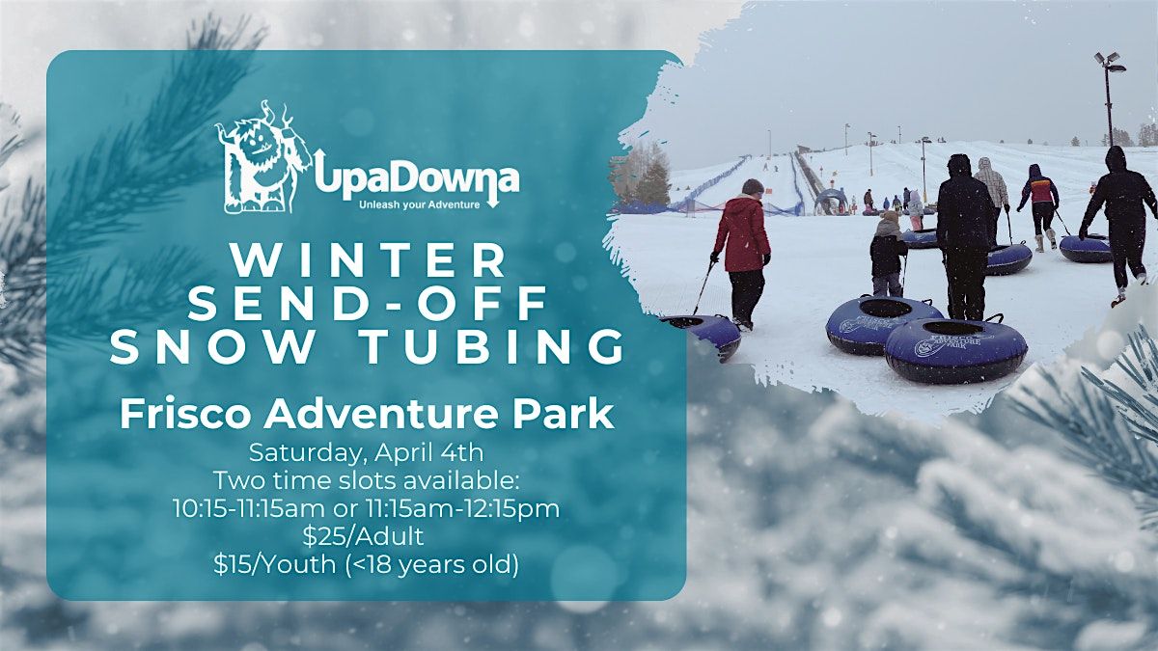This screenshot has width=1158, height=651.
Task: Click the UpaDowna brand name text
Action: pyautogui.click(x=417, y=178)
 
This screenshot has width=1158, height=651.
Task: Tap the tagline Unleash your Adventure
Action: pyautogui.click(x=420, y=205)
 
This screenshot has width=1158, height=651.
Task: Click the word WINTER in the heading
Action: pyautogui.click(x=369, y=261)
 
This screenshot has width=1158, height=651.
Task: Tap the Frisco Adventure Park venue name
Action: pyautogui.click(x=367, y=415)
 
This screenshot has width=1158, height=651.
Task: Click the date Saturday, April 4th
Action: pyautogui.click(x=366, y=453)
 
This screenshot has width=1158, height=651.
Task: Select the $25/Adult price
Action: pyautogui.click(x=364, y=537)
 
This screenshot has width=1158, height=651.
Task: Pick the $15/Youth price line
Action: pyautogui.click(x=367, y=565)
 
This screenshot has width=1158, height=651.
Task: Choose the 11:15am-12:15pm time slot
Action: pyautogui.click(x=463, y=509)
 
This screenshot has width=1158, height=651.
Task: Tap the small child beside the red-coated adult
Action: pyautogui.click(x=888, y=254)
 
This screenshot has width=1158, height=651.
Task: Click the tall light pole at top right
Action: pyautogui.click(x=1109, y=98)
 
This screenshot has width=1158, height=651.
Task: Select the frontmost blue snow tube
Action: pyautogui.click(x=955, y=350)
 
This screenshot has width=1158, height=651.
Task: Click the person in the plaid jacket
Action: pyautogui.click(x=992, y=189)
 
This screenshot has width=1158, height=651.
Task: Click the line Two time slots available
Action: pyautogui.click(x=366, y=481)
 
